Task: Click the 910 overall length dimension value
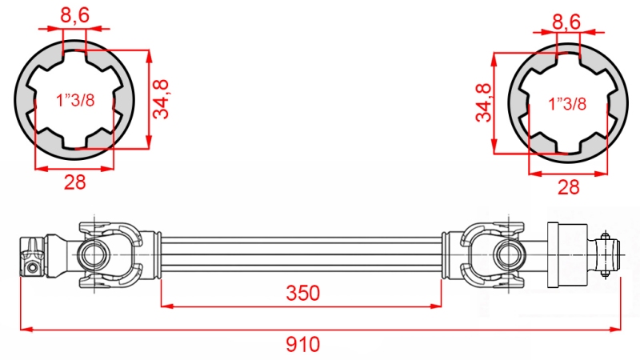coord(302,345)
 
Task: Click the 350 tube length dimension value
coord(302,294)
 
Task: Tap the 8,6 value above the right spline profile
coord(566,22)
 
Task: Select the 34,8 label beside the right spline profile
coord(482,102)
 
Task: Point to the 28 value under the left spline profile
coord(74,182)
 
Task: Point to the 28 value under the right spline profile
coord(568,187)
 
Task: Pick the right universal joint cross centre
coord(507,254)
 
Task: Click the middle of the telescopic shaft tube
coord(302,254)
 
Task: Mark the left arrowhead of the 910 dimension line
coord(24,328)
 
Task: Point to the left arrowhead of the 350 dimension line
coord(165,305)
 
